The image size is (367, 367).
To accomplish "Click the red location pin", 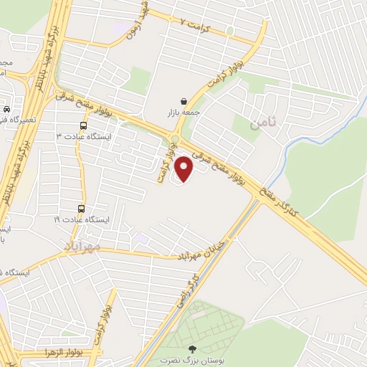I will [x=185, y=168].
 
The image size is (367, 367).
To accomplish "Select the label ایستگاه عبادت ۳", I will [x=79, y=136].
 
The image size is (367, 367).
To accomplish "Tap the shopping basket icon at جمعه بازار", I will [x=186, y=102].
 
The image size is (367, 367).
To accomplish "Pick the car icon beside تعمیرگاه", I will [x=7, y=110].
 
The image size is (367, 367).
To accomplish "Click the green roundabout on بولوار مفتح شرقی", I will [x=174, y=138].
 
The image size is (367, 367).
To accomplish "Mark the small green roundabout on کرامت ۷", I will [x=229, y=31].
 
